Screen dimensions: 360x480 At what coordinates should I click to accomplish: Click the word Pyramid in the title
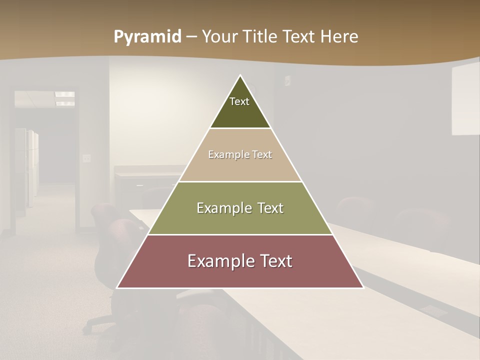click(x=147, y=37)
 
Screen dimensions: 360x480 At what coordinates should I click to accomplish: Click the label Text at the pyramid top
click(x=239, y=101)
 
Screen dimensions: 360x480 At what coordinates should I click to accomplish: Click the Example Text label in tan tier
click(x=240, y=154)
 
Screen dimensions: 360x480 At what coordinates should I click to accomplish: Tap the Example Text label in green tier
click(x=240, y=208)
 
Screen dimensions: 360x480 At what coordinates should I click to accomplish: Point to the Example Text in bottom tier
click(x=240, y=261)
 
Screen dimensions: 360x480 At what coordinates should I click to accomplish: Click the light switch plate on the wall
click(x=87, y=158)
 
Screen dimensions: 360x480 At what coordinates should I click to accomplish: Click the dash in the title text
click(x=191, y=37)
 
